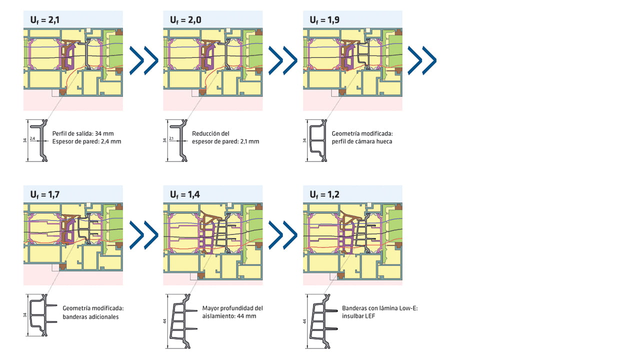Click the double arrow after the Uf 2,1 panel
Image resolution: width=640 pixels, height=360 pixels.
click(x=143, y=60)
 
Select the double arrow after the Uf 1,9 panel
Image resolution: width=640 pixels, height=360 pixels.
click(x=422, y=60)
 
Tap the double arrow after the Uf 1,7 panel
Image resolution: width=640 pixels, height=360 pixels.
click(x=143, y=234)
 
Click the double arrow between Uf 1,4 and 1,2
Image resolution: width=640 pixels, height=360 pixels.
click(x=283, y=234)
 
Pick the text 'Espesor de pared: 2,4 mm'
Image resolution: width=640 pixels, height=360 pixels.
click(x=86, y=141)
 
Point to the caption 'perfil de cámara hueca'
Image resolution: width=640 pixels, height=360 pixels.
click(x=361, y=141)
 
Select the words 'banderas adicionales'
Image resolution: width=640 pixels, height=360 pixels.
click(x=90, y=316)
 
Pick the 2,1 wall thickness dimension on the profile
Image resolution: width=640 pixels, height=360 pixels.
click(x=171, y=138)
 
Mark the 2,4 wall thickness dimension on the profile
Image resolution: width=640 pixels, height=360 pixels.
click(x=32, y=138)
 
